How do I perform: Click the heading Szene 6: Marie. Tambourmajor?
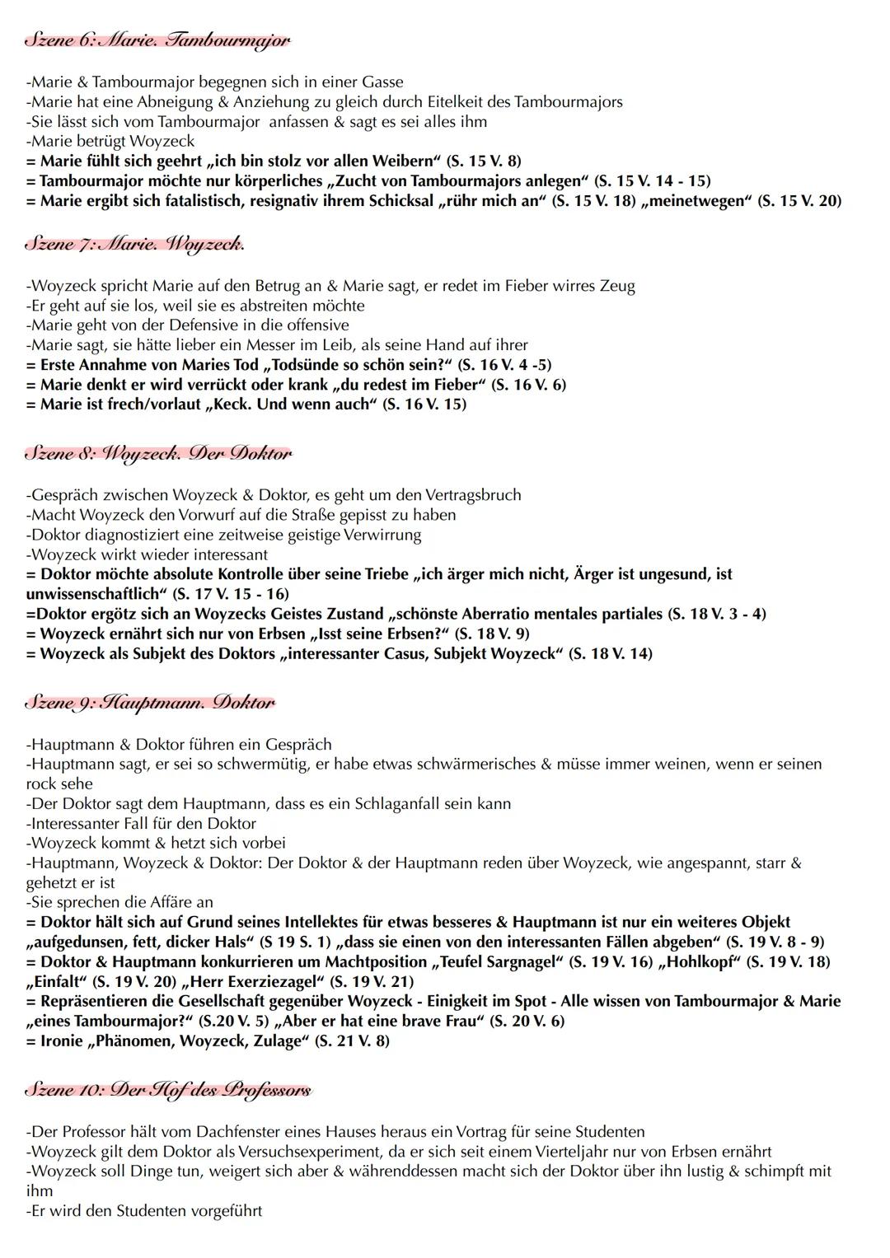point(157,40)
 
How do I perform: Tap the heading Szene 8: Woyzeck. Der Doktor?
point(158,453)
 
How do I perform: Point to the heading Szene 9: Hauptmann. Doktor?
point(150,703)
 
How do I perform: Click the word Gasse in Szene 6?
point(382,82)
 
